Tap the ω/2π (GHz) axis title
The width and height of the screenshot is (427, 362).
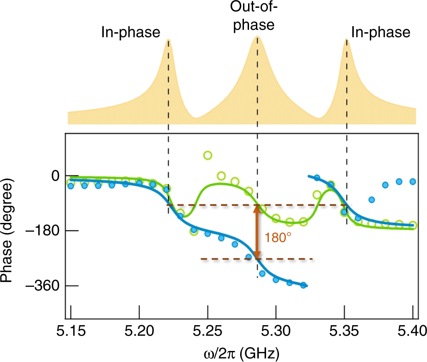coord(241,353)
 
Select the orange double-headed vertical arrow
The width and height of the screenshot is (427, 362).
coord(257,232)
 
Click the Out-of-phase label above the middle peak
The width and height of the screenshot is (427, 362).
coord(253,17)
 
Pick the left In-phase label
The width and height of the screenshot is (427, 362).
coord(130,32)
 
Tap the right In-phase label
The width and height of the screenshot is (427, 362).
coord(380,32)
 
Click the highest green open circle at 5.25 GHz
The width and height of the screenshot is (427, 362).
coord(208,155)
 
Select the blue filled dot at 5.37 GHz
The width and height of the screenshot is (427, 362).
coord(372,200)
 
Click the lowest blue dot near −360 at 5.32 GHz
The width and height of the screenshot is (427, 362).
coord(303,285)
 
